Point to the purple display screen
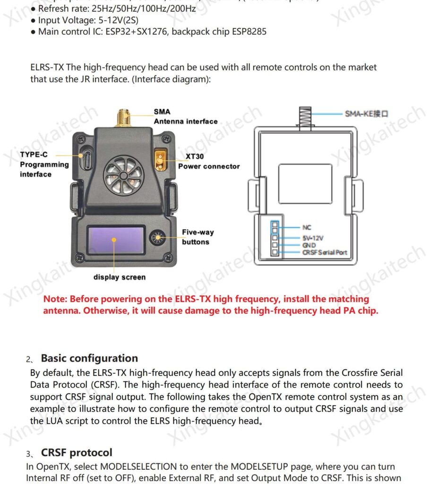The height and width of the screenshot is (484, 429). pyautogui.click(x=115, y=240)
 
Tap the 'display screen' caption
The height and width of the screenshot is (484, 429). pyautogui.click(x=120, y=277)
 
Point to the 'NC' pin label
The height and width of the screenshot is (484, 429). pyautogui.click(x=307, y=227)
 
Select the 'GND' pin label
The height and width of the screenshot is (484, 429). pyautogui.click(x=309, y=245)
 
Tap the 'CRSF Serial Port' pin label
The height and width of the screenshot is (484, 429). pyautogui.click(x=325, y=253)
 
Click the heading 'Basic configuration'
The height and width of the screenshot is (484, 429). pyautogui.click(x=89, y=358)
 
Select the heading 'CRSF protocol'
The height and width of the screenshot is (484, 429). pyautogui.click(x=77, y=452)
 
